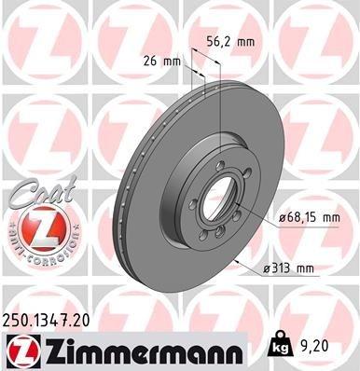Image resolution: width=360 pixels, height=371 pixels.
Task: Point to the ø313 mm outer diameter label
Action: pyautogui.click(x=288, y=270)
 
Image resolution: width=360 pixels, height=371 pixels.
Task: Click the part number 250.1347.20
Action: pyautogui.click(x=52, y=320)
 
